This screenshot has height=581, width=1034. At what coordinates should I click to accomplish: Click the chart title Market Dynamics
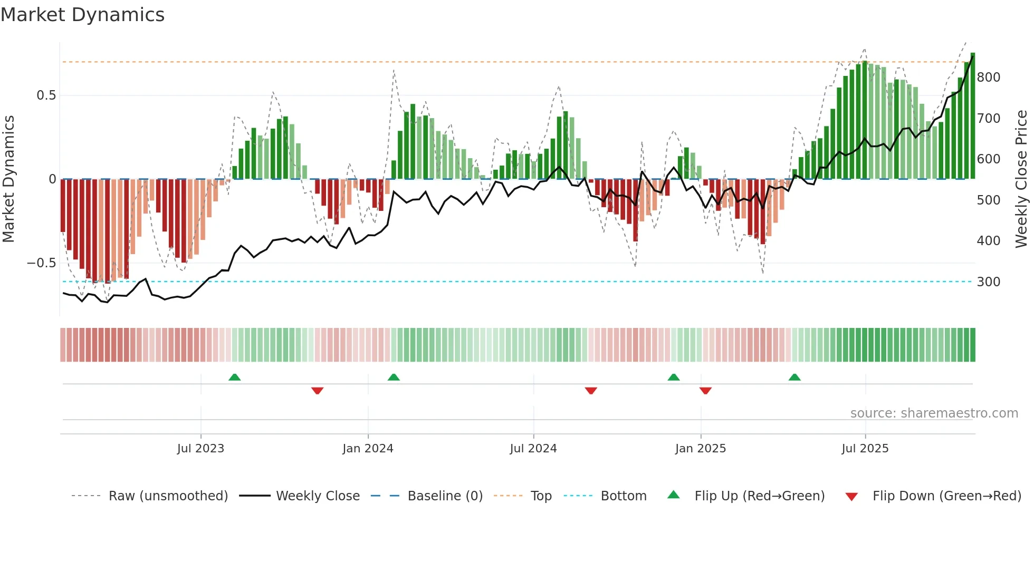pos(82,15)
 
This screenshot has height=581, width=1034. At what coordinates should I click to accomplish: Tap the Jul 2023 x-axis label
pos(200,449)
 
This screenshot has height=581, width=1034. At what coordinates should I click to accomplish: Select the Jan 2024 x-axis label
pos(368,449)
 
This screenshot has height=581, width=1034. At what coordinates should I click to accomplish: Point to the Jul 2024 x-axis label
pos(533,449)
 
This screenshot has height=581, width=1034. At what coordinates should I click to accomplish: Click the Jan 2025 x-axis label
pos(701,449)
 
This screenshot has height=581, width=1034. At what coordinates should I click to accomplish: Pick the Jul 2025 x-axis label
pos(865,449)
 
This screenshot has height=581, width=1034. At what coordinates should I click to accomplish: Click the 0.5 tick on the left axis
pos(46,95)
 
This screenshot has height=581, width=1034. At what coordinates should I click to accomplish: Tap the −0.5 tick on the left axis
pos(42,263)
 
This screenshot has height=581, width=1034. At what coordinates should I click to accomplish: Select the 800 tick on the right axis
pos(989,78)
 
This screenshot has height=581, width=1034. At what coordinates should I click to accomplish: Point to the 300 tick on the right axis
pos(989,282)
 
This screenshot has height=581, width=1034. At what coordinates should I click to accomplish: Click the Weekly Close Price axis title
pos(1021,179)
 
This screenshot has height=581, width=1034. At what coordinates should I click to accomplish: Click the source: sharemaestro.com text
pos(934,413)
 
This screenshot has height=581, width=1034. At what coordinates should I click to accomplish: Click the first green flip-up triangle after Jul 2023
pos(235,377)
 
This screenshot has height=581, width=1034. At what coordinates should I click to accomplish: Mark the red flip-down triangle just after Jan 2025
pos(705,391)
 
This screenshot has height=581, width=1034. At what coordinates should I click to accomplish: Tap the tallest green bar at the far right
pos(973,116)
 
